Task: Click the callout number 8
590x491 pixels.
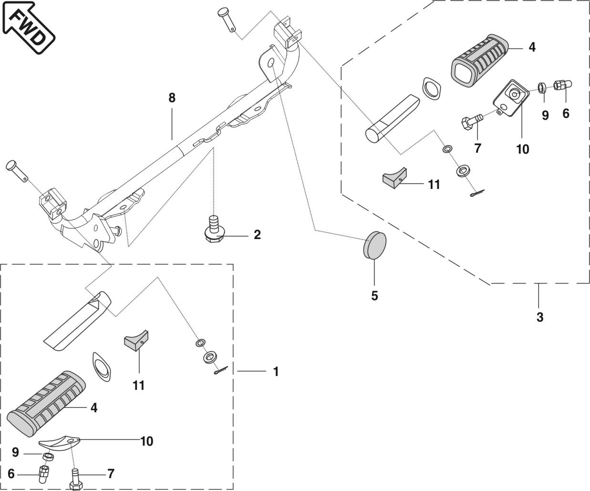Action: [x=172, y=98]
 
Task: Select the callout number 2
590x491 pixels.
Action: [x=257, y=234]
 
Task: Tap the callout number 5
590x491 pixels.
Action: [x=374, y=296]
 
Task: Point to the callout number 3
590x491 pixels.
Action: [x=539, y=317]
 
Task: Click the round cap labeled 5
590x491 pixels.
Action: [x=374, y=243]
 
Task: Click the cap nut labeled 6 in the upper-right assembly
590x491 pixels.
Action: [x=562, y=86]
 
